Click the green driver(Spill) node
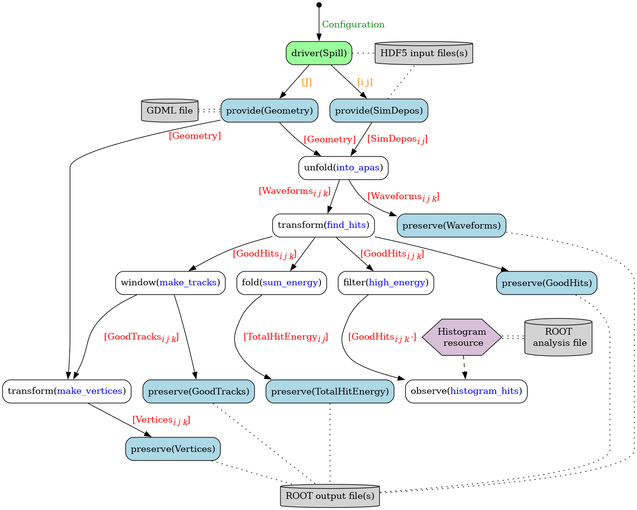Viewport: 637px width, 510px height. [319, 53]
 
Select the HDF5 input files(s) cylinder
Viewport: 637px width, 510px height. [424, 53]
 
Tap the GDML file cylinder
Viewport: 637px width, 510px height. [169, 111]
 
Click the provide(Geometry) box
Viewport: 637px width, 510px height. [269, 111]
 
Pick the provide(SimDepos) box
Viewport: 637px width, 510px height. [379, 111]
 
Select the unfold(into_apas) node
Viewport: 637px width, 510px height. [343, 168]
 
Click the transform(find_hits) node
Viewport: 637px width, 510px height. [323, 226]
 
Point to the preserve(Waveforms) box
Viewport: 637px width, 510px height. [451, 226]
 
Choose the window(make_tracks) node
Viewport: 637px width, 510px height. [170, 283]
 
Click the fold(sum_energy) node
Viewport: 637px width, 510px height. [281, 283]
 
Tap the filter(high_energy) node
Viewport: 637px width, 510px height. [386, 283]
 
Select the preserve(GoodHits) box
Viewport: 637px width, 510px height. [547, 283]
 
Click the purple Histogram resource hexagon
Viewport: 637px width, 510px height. [462, 337]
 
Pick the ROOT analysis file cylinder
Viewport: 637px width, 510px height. [558, 337]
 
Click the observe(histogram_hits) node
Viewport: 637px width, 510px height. [466, 391]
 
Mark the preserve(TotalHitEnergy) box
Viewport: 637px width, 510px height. [330, 391]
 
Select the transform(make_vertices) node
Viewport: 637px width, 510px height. [67, 391]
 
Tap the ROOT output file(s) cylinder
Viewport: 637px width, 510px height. [330, 496]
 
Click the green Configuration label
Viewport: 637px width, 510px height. [353, 25]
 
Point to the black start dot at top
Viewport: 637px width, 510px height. [319, 5]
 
